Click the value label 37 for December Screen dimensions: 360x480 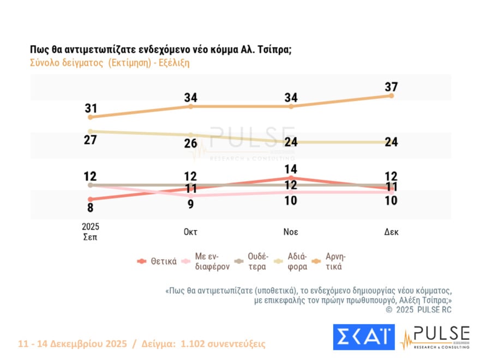(x=391, y=87)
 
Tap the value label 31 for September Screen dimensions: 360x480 (x=91, y=108)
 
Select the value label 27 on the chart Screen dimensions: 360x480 (x=91, y=140)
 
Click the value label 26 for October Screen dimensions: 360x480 (x=190, y=143)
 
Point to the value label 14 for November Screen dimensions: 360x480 (x=291, y=169)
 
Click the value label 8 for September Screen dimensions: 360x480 (x=91, y=208)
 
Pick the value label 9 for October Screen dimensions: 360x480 (x=190, y=204)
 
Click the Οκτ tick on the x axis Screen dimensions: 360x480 (x=190, y=231)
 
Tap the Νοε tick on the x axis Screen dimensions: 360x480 (x=291, y=231)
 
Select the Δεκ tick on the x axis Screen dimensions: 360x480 (x=391, y=231)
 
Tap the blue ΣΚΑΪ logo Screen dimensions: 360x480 (x=363, y=337)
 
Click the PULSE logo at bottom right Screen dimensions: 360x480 (x=435, y=337)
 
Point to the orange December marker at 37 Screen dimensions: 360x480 (x=391, y=96)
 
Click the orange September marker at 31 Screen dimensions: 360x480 (x=91, y=117)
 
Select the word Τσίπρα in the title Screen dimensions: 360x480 (x=272, y=50)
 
